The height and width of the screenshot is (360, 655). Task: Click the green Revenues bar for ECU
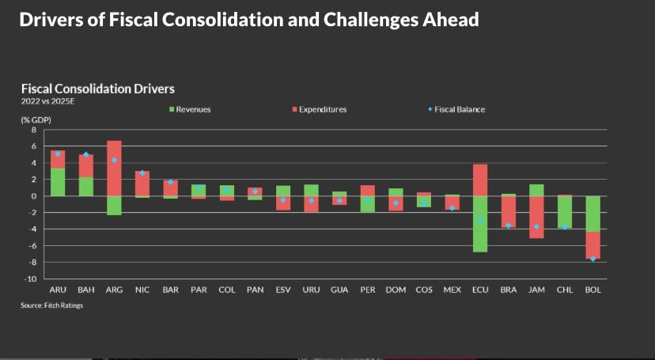(479, 224)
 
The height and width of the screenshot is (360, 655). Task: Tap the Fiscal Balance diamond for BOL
(593, 259)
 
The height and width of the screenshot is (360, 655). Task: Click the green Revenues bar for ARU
(58, 182)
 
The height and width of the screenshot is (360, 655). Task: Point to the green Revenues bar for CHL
(565, 211)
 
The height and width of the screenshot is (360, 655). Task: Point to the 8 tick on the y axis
(34, 129)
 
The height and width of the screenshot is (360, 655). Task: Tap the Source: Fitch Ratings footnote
(52, 305)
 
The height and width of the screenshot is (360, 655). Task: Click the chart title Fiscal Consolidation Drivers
(97, 89)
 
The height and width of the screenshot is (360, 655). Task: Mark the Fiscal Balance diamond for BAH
(86, 155)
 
